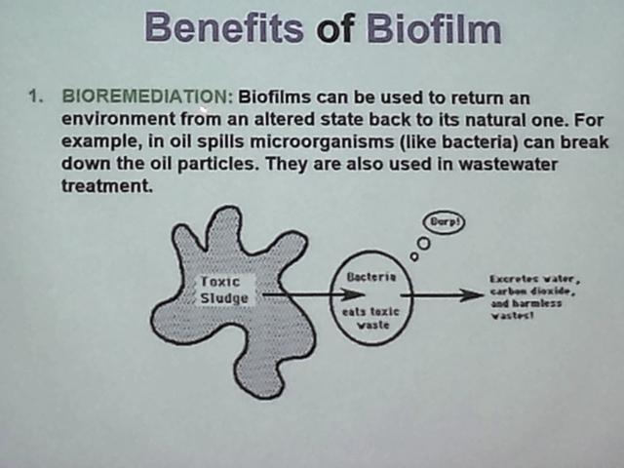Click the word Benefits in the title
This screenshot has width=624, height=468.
tap(224, 28)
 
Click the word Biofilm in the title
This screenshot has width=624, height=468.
tap(433, 28)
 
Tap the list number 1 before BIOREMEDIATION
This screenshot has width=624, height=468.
tap(35, 97)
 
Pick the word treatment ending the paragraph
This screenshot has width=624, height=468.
tap(107, 185)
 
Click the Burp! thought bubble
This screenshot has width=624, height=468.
tap(445, 222)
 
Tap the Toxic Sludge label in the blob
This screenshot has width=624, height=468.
tap(223, 290)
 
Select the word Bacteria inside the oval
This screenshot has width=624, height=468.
tap(371, 277)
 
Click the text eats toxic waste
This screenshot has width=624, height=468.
tap(371, 319)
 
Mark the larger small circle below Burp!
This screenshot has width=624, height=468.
tap(424, 243)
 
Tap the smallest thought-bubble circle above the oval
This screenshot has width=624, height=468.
tap(414, 256)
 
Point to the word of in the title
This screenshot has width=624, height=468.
tap(334, 29)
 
